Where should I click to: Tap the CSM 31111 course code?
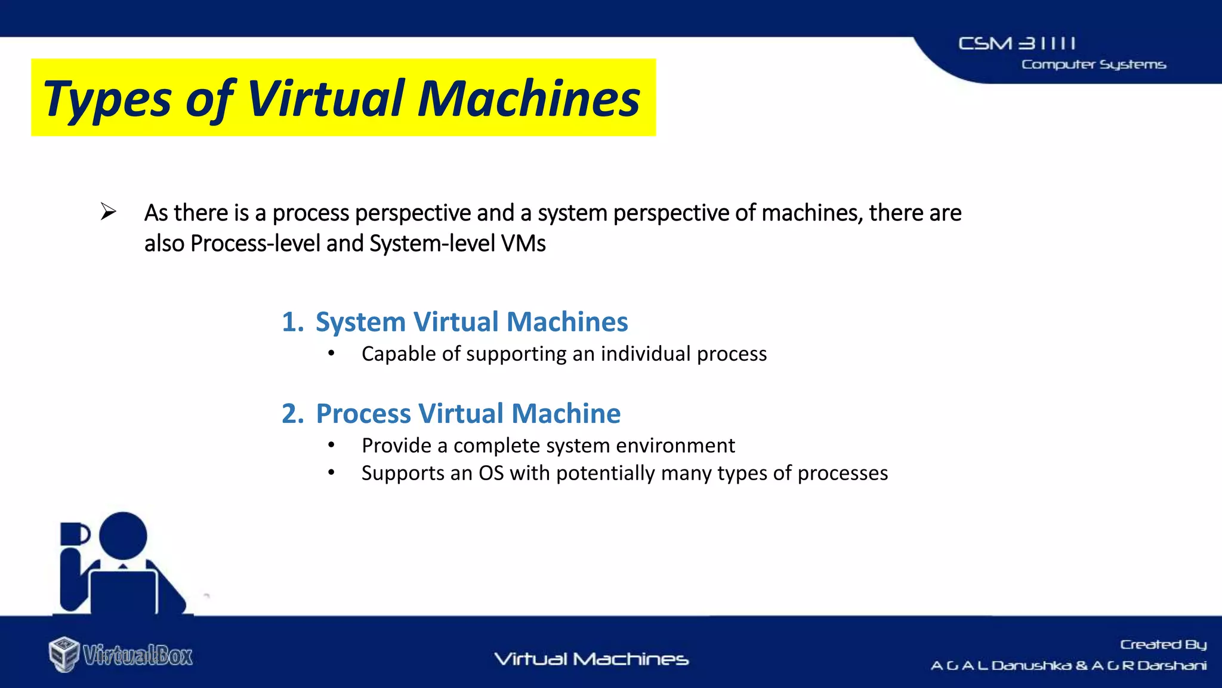click(x=1017, y=44)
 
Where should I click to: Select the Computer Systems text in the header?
click(x=1093, y=64)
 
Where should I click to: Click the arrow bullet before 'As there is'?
click(x=108, y=211)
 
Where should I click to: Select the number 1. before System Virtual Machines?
click(x=292, y=322)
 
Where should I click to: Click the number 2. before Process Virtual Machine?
click(x=292, y=414)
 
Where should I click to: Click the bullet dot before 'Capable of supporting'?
click(x=331, y=354)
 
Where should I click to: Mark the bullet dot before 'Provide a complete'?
click(x=331, y=446)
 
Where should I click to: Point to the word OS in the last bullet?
click(x=491, y=473)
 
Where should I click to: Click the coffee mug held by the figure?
click(x=73, y=534)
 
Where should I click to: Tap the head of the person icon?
click(x=123, y=535)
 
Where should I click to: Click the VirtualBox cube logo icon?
click(x=64, y=655)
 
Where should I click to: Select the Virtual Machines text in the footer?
click(x=591, y=659)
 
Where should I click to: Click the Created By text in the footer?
click(x=1163, y=644)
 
